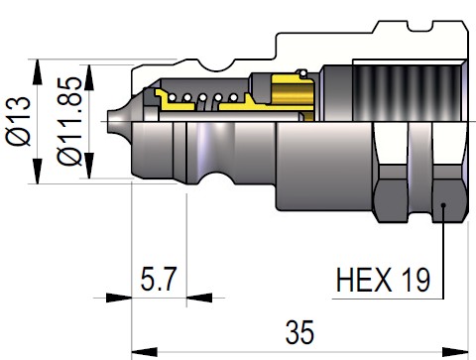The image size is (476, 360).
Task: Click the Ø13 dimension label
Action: click(18, 121)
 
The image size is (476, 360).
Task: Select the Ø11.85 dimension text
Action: click(69, 121)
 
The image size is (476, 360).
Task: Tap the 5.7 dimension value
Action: click(158, 279)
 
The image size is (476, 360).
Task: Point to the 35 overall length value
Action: click(299, 332)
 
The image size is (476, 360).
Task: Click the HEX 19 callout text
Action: click(383, 280)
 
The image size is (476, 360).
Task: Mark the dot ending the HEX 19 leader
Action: click(443, 205)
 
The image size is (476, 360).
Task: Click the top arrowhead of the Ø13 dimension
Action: click(38, 72)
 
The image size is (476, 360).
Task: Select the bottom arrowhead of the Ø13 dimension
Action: click(38, 171)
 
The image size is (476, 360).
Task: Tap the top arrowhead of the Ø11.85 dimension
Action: click(89, 77)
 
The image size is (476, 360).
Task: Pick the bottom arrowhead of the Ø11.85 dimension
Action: click(89, 166)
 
